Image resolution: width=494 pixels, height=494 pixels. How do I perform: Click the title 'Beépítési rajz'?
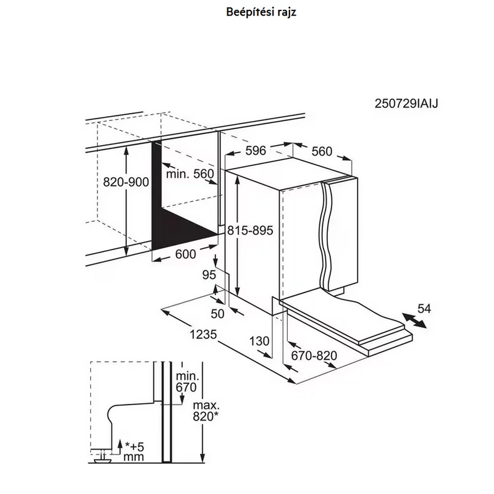[261, 12]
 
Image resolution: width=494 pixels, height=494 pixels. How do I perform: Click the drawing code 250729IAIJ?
[406, 103]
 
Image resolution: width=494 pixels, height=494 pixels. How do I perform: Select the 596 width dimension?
[256, 151]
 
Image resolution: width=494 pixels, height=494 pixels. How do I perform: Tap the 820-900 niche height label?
[126, 182]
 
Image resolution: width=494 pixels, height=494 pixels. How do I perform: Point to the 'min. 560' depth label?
[190, 174]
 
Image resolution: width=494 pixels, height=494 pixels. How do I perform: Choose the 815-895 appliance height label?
[250, 230]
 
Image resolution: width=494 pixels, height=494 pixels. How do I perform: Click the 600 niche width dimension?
[186, 254]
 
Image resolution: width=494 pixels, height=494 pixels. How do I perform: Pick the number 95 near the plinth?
[209, 275]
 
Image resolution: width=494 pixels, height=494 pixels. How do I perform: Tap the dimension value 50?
[217, 314]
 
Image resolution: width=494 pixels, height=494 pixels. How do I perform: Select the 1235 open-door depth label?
[203, 334]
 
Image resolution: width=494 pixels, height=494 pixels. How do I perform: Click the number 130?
[259, 341]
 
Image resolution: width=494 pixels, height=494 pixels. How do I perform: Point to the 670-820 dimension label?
[314, 356]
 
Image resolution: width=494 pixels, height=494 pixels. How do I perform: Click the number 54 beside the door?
[424, 308]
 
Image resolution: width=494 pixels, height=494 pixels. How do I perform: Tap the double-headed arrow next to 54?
[414, 320]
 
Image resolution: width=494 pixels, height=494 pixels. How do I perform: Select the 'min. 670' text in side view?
[187, 382]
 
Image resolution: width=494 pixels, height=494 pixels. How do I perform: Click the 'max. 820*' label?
[206, 411]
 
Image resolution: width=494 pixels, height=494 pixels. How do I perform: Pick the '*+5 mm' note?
[134, 451]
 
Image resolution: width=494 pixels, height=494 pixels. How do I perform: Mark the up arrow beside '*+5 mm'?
[119, 447]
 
